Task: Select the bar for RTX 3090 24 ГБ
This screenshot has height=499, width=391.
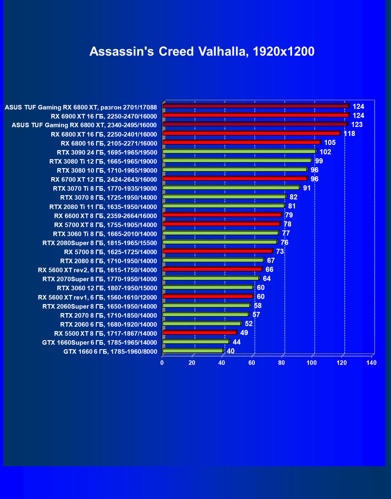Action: coord(239,152)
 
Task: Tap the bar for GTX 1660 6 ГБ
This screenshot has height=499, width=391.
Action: coord(192,351)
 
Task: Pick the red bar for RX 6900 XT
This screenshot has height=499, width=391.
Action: coord(256,115)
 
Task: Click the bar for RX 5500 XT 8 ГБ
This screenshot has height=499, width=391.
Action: coord(199,333)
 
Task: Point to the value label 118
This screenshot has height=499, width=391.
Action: coord(349,134)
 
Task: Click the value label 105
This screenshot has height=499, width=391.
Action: coord(330,143)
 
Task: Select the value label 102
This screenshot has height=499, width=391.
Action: coord(325,152)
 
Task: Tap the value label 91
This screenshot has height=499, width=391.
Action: coord(307,188)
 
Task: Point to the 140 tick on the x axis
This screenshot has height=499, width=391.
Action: coord(371,363)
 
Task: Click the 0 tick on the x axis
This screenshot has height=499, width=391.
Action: coord(162,363)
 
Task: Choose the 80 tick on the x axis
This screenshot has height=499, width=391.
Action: coord(282,363)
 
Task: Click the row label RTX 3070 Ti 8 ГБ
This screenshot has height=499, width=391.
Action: coord(105,189)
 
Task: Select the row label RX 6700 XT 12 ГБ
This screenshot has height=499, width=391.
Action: coord(104,180)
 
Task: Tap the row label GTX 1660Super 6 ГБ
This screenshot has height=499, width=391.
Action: coord(100,342)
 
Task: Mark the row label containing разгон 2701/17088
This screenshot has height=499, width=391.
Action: coord(81,107)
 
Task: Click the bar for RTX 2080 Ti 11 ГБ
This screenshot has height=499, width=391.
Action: coord(223,206)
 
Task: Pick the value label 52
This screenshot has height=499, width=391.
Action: coord(248,324)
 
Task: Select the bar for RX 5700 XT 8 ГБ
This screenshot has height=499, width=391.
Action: coord(221,224)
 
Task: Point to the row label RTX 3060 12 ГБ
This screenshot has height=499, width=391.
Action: coord(107,288)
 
